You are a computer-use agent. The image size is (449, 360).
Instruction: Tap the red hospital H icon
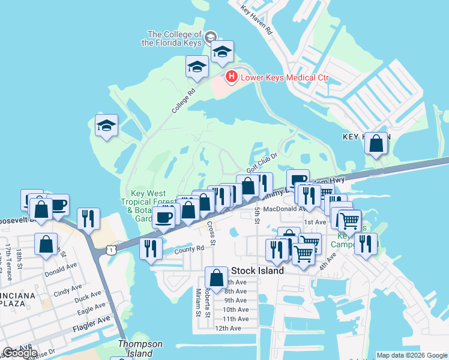tap(231, 77)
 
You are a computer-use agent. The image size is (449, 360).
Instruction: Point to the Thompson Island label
tap(140, 349)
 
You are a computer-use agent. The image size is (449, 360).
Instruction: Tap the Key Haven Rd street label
tap(256, 19)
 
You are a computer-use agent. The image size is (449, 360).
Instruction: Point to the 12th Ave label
tap(228, 328)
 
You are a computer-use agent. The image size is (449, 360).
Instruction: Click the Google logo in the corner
tap(20, 353)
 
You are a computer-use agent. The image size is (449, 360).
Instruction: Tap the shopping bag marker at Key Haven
tap(376, 143)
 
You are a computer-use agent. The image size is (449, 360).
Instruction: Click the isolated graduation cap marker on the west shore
tap(106, 125)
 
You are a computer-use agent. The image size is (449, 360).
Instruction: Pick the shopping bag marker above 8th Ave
tap(217, 278)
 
